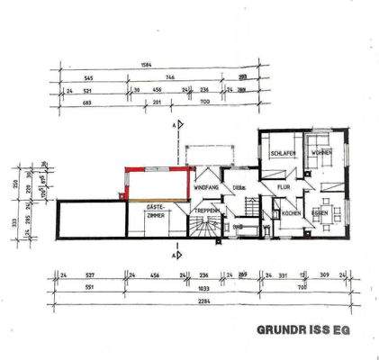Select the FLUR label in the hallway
pyautogui.click(x=283, y=187)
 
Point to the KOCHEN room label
pyautogui.click(x=290, y=213)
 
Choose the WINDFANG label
pyautogui.click(x=207, y=186)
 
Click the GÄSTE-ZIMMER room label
pyautogui.click(x=156, y=212)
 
